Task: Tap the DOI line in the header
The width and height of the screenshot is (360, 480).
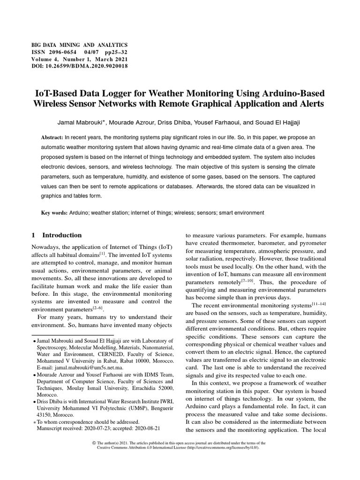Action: click(79, 66)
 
